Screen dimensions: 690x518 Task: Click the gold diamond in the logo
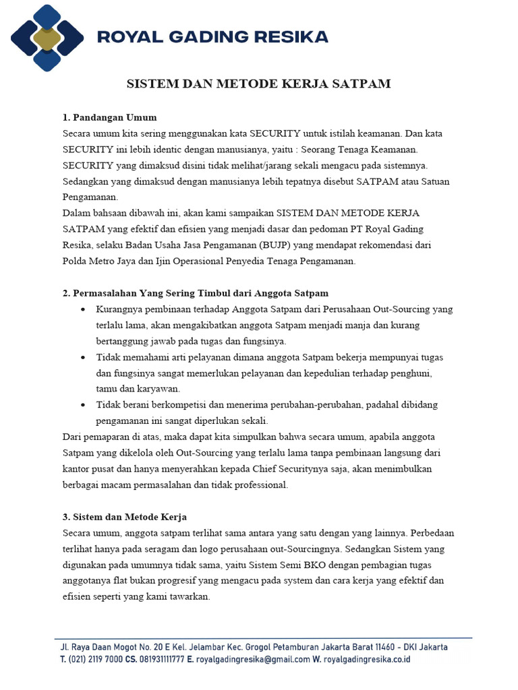pos(47,37)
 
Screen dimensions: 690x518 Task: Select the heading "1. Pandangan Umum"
pos(109,117)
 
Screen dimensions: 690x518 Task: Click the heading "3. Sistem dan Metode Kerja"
pos(124,517)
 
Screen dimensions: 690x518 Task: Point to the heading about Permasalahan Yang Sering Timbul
pos(196,293)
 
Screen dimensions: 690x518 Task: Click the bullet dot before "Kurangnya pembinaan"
pos(82,309)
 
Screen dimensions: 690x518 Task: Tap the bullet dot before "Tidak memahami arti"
pos(82,357)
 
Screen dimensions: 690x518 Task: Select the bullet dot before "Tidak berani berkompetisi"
pos(82,405)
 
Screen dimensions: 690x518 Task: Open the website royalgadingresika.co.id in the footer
pos(367,660)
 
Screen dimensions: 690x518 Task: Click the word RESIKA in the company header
pos(292,36)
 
